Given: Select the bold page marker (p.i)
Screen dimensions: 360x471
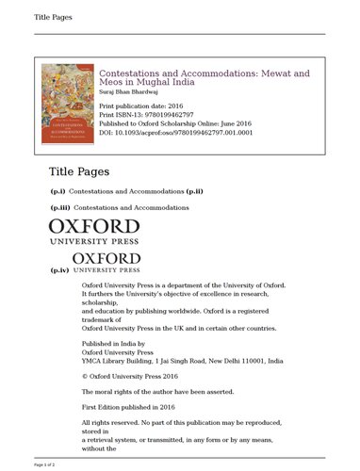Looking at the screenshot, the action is (57, 191).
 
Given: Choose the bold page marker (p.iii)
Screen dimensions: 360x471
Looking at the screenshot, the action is (59, 205).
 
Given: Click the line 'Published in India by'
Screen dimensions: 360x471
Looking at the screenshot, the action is (113, 345).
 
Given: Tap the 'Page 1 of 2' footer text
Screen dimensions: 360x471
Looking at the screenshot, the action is (45, 464).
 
